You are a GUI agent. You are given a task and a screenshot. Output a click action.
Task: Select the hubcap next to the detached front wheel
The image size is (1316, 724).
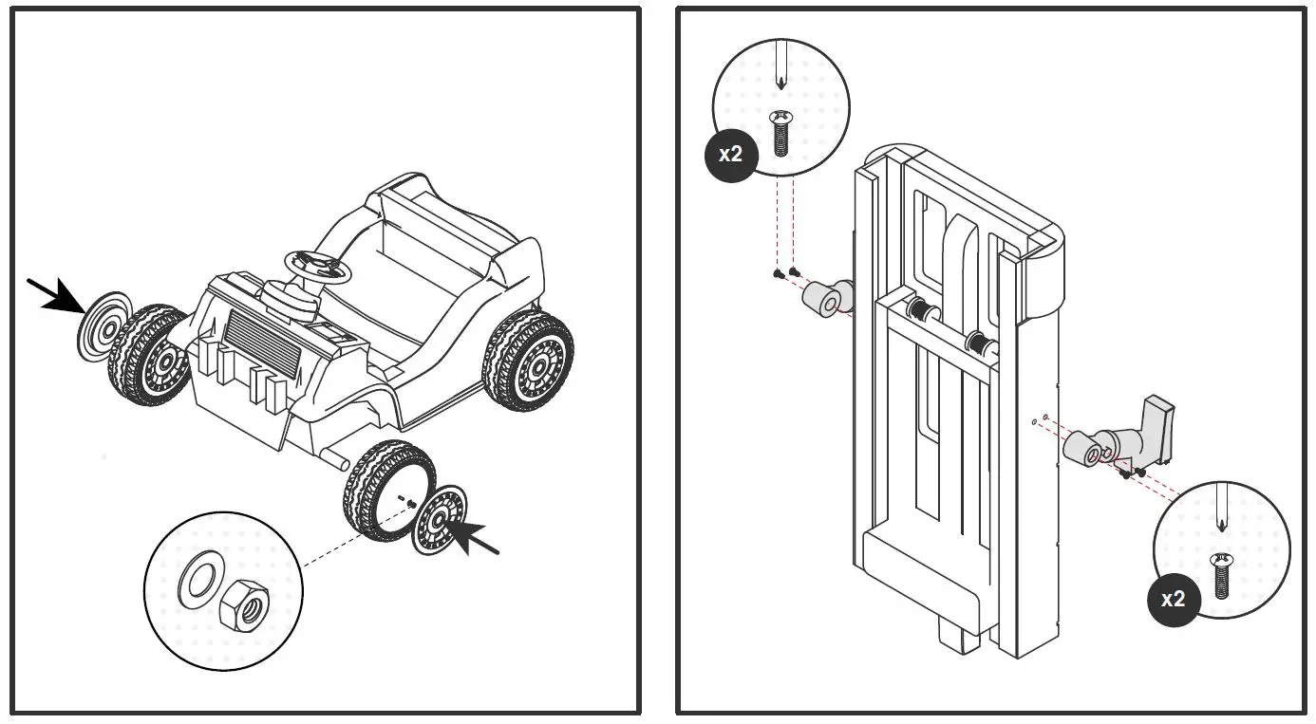coord(439,520)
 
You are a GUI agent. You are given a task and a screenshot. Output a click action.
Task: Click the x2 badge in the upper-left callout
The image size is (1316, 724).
coord(730,154)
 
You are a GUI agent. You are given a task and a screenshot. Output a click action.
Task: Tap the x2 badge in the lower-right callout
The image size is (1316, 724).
coord(1174,599)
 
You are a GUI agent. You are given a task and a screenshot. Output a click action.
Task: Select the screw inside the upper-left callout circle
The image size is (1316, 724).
coord(780,132)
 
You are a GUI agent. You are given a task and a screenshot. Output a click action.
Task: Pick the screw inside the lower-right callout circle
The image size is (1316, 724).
coord(1222,575)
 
